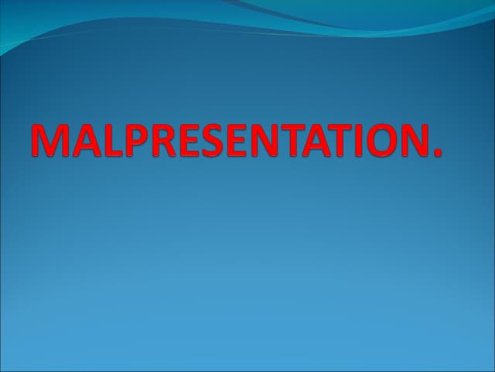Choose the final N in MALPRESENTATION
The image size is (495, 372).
(x=416, y=140)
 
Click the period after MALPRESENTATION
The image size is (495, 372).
(x=439, y=154)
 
